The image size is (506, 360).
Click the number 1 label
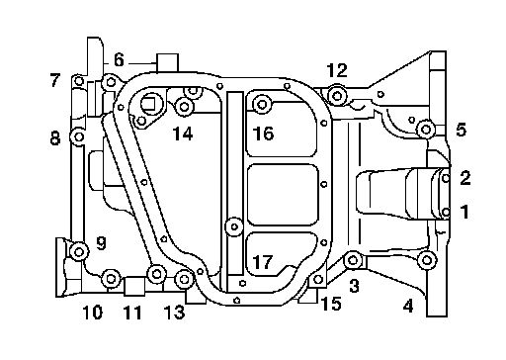[464, 212]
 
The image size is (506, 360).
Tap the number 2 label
[465, 178]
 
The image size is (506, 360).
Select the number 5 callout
[462, 130]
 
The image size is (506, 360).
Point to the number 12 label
[337, 70]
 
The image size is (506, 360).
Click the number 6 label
[119, 60]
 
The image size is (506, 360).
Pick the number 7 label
[55, 80]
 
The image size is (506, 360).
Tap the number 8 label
[55, 138]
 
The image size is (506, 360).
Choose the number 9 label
[101, 243]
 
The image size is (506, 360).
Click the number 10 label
[93, 313]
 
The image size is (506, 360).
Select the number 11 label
[132, 313]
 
